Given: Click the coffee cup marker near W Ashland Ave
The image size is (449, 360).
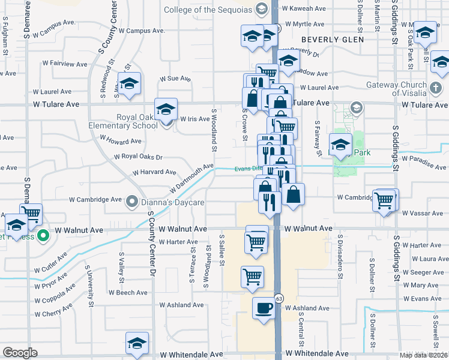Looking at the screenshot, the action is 263,308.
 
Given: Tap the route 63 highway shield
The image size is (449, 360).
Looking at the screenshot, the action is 279,297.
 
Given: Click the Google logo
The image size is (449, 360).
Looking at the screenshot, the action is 20,353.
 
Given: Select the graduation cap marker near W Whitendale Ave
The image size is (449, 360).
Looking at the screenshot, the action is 137,344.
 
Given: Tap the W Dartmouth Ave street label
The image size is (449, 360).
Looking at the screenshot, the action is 191,178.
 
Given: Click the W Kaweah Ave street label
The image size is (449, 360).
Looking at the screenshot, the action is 306,8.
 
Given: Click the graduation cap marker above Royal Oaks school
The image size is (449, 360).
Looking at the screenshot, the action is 166,109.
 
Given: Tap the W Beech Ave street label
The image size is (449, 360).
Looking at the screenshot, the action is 128,293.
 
